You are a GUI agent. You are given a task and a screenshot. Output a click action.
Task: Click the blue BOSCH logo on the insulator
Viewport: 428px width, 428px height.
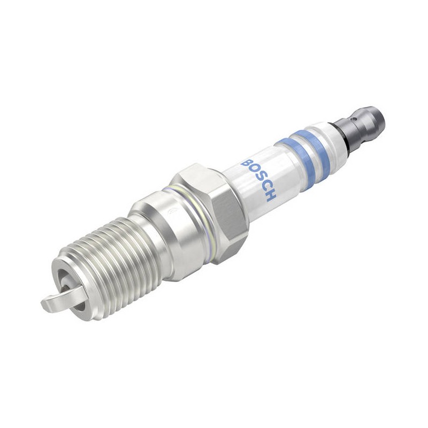tap(258, 180)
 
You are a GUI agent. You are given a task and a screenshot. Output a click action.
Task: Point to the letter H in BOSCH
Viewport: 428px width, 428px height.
tap(271, 196)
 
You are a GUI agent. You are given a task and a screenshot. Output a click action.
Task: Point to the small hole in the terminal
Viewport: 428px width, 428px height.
tap(354, 119)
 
